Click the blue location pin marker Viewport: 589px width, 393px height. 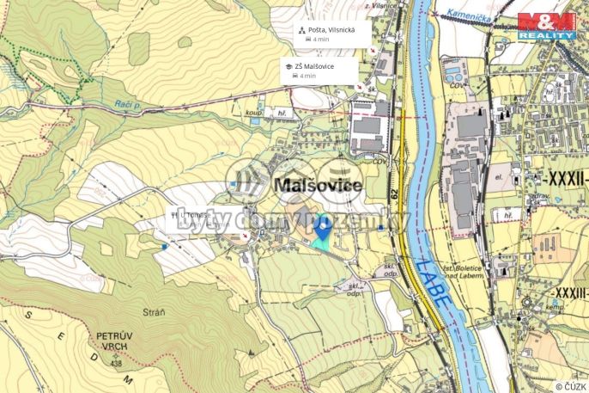(x=321, y=228)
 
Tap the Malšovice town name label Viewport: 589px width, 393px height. (x=317, y=185)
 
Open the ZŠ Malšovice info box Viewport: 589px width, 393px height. (x=319, y=70)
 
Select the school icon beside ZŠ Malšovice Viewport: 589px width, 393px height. (x=288, y=66)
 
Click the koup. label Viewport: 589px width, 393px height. (x=253, y=111)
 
